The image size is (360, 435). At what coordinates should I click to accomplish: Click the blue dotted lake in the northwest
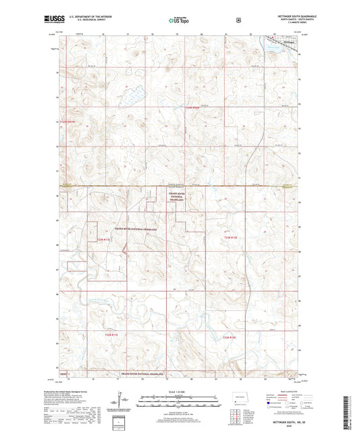(x=131, y=91)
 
